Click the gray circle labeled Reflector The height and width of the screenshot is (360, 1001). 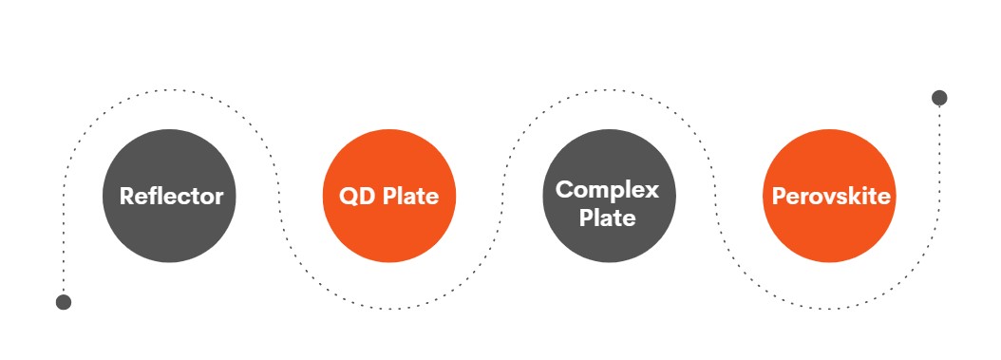tap(169, 196)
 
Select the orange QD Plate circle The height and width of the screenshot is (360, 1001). tap(389, 196)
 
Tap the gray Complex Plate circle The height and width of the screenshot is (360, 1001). tap(609, 196)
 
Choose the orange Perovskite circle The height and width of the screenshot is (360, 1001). tap(829, 196)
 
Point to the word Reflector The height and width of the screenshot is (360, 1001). tap(171, 196)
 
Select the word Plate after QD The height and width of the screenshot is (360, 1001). tap(411, 196)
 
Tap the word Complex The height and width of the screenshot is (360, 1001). tap(607, 190)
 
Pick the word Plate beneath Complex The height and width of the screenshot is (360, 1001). tap(607, 218)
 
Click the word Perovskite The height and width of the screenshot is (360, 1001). tap(831, 196)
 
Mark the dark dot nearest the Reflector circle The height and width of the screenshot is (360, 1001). tap(64, 302)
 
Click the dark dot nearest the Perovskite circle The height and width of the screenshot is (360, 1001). tap(939, 98)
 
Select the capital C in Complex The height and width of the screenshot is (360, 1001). tap(564, 190)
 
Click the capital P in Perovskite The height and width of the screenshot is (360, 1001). tap(779, 197)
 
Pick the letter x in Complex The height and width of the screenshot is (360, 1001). tap(652, 193)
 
